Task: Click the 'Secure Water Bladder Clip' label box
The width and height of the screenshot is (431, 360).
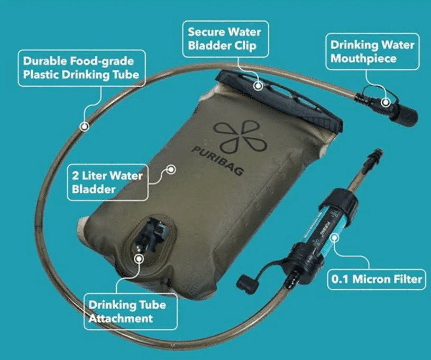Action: coord(225,39)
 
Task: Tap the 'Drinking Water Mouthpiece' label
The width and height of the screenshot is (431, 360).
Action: coord(372,52)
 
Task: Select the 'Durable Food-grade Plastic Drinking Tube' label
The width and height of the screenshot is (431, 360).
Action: coord(81,68)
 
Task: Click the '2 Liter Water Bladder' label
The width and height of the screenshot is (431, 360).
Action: coord(107,182)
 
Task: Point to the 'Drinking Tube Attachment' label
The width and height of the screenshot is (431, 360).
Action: coord(131,311)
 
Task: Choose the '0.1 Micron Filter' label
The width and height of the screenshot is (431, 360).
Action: coord(377,279)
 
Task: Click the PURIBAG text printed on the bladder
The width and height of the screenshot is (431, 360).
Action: coord(218,161)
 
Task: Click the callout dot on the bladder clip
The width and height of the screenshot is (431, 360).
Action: coord(258,86)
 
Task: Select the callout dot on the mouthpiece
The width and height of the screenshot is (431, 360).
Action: coord(386,103)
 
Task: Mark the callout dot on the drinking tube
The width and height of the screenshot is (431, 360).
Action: coord(85,127)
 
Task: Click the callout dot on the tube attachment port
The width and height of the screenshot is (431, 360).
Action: coord(139,259)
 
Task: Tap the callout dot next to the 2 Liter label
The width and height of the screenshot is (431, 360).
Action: coord(171,170)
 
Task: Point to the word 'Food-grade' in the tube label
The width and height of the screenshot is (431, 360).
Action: coord(102,61)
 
